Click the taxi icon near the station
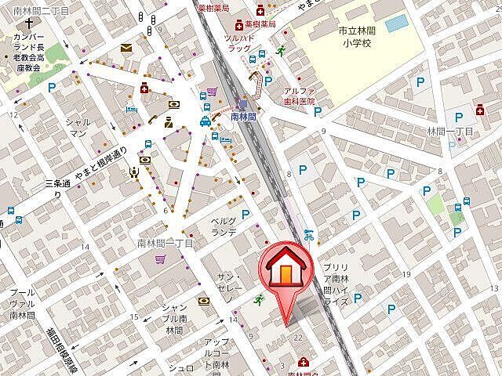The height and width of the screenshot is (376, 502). (x=205, y=121)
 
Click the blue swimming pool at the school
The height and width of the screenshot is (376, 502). (x=396, y=23)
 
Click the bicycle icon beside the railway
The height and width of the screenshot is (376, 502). (x=309, y=234)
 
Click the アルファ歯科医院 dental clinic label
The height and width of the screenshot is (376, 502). (x=299, y=96)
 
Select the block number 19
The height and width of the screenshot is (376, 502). (x=406, y=273)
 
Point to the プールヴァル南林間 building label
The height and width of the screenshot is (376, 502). (x=21, y=302)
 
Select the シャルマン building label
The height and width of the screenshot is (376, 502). (x=77, y=127)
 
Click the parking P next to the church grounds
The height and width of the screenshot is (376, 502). (x=53, y=89)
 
